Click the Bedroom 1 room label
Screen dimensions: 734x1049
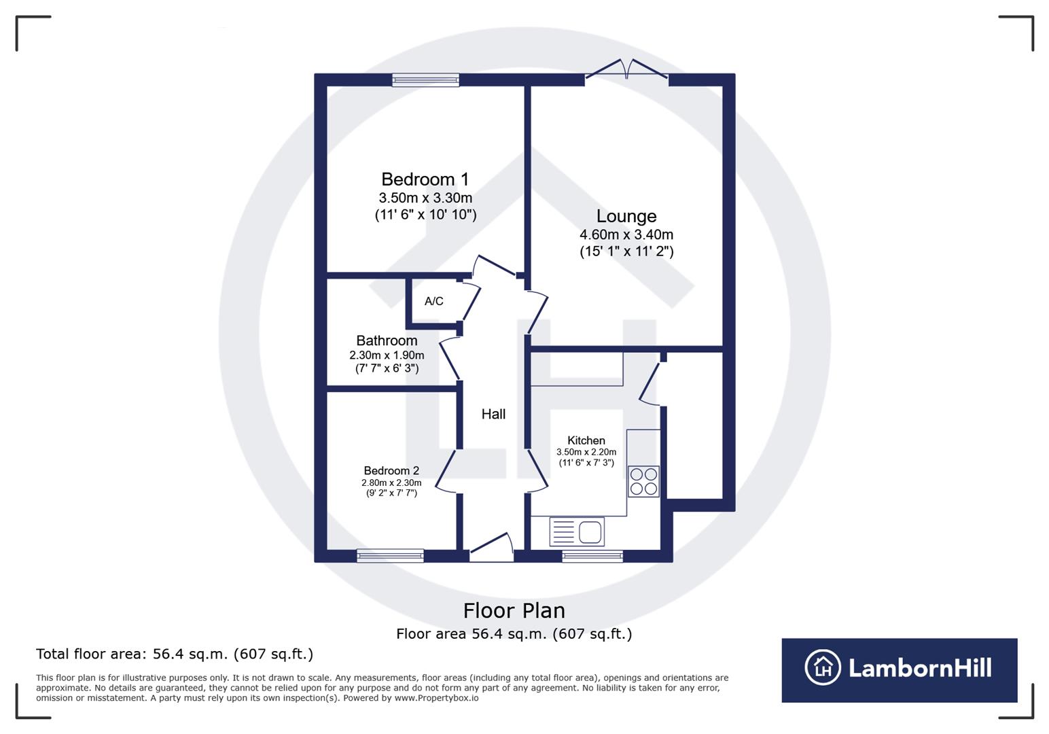425,179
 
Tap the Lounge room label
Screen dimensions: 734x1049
626,216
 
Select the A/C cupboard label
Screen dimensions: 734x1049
433,301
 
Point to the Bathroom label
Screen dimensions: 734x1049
387,340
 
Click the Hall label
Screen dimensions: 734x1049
493,414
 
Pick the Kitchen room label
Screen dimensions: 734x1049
586,440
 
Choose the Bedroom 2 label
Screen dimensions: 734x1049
391,470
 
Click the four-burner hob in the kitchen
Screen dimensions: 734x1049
643,481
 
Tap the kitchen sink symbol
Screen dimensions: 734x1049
577,531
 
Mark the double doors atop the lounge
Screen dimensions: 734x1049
626,69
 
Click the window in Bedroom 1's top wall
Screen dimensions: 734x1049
425,80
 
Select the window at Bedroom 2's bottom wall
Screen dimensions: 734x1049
390,556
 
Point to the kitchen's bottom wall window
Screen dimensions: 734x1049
592,556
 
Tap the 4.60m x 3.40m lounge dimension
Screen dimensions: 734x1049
626,234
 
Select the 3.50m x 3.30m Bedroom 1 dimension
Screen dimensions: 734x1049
425,198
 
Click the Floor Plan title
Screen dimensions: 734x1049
514,610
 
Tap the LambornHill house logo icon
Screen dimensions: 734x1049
823,667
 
